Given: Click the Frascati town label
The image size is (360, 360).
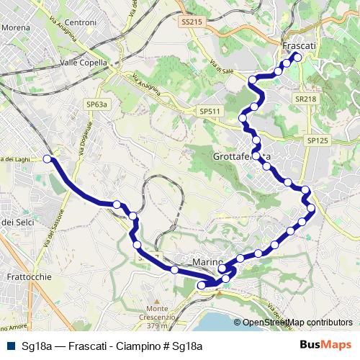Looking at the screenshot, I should coord(300,45).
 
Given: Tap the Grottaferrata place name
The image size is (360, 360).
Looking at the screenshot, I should coord(241,156).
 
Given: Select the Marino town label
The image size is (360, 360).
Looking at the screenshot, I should coord(210,261).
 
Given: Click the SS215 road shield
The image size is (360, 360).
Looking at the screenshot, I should coord(192,22).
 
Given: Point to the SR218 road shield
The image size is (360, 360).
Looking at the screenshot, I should coord(305,97).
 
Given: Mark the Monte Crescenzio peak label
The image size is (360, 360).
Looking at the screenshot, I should coord(156,317).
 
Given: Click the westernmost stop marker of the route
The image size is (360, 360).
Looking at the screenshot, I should coord(48,158).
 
